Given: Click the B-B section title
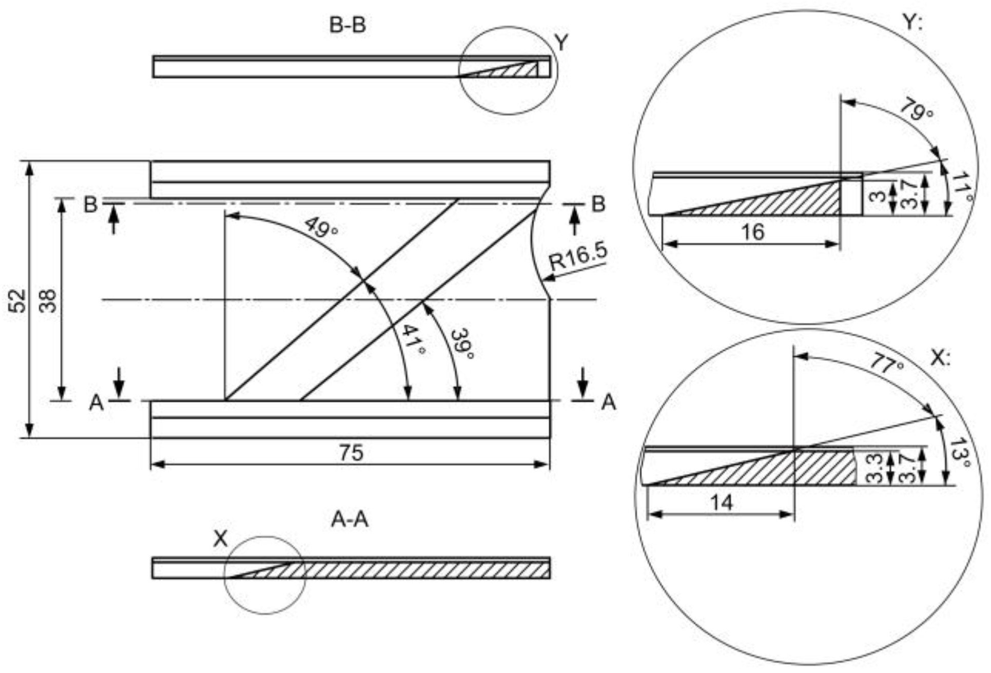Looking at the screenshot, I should [x=347, y=25].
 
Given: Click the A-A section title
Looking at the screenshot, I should [x=349, y=520].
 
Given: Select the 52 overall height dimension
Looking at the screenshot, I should [x=17, y=300].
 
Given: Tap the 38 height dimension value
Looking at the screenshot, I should [x=48, y=300].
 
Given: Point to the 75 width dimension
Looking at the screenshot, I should [x=351, y=453].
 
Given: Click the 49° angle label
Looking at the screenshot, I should [x=321, y=227].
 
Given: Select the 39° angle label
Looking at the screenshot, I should [x=462, y=343].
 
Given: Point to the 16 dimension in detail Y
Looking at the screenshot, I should [x=752, y=232].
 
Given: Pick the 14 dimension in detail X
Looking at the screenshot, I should [x=721, y=503].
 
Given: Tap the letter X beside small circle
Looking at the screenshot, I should [x=220, y=539].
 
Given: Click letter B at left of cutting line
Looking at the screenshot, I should [x=91, y=204].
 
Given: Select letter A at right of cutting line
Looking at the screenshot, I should [x=609, y=402].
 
